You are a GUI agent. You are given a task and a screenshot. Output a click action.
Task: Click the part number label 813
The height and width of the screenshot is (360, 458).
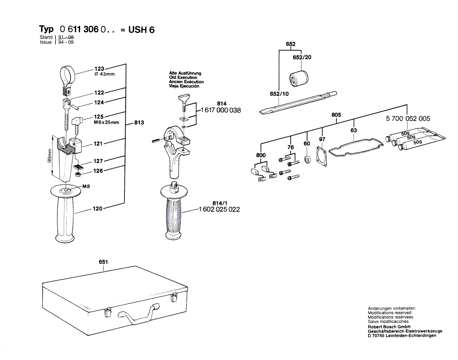[x=139, y=122]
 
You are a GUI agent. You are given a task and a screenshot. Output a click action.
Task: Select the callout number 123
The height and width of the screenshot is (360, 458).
[x=99, y=69]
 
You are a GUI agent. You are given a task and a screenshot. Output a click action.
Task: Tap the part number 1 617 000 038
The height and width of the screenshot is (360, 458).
[x=221, y=110]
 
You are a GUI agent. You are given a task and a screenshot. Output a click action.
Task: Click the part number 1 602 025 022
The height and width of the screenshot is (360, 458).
[x=220, y=209]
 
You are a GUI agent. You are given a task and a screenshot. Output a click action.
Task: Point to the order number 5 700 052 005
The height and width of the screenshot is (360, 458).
[x=408, y=119]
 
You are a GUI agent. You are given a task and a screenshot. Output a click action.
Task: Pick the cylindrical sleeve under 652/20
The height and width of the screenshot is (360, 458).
[x=298, y=79]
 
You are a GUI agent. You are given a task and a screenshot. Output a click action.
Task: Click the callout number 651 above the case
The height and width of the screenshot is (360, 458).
[x=103, y=262]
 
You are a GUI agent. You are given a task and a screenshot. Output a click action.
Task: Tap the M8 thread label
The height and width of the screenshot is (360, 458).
[x=86, y=186]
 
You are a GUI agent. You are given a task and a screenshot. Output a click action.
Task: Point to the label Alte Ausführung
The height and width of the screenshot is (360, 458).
[x=184, y=73]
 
